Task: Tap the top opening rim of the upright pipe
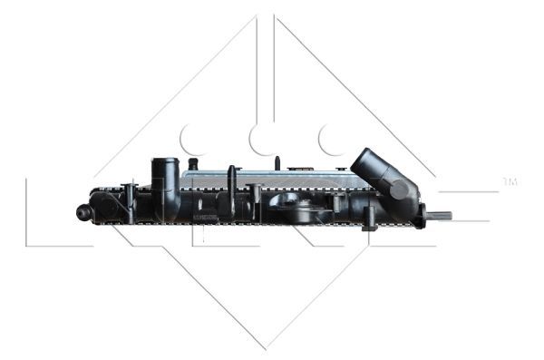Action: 165,162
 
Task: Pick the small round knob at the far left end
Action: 83,212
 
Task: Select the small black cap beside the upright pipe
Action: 191,163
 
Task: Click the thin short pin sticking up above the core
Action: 277,163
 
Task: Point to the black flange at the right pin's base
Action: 422,216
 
